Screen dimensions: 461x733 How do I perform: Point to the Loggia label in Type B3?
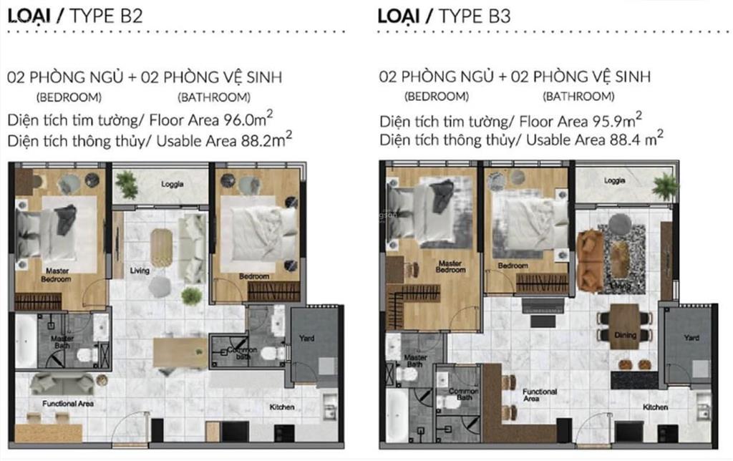tap(614, 181)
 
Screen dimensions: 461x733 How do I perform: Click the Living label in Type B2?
tap(140, 271)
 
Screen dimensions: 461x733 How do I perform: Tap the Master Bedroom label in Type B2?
tap(57, 276)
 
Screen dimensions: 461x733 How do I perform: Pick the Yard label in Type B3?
tap(691, 337)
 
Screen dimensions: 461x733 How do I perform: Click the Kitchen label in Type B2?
tap(281, 407)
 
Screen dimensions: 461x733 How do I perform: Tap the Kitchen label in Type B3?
tap(656, 407)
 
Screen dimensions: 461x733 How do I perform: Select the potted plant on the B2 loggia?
tap(127, 184)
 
